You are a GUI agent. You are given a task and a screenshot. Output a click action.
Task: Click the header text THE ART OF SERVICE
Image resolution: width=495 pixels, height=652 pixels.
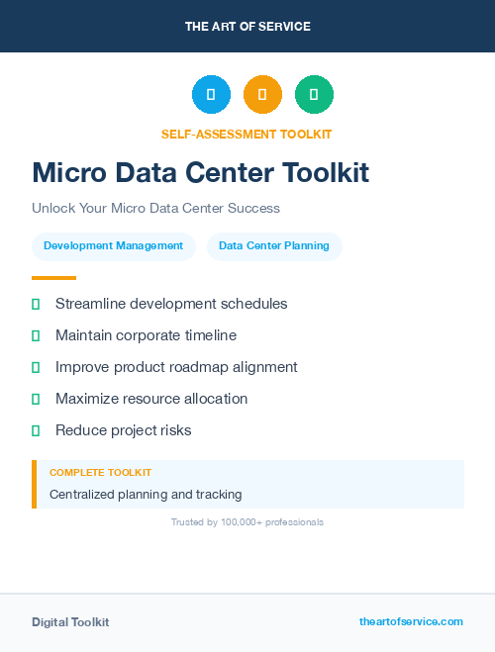(247, 27)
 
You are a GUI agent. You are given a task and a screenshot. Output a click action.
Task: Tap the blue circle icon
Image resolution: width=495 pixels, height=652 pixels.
(211, 95)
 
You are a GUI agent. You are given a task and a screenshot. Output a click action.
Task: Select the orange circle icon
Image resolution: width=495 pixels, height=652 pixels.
(262, 95)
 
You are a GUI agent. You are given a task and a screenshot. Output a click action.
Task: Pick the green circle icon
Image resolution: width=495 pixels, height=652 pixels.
(314, 95)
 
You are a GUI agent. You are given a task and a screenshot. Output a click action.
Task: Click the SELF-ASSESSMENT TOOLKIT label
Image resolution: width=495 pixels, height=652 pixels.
(247, 134)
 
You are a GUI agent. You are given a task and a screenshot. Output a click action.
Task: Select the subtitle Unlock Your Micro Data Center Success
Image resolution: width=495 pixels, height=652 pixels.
(155, 209)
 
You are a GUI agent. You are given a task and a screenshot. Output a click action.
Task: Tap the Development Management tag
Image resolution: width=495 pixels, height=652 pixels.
(113, 246)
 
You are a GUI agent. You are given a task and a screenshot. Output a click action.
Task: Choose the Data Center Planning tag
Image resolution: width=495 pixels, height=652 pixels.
(274, 246)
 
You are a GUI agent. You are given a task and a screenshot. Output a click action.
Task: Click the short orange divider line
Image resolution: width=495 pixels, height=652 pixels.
(53, 278)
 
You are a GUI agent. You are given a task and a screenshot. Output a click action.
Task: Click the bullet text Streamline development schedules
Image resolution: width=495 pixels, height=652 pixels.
(171, 304)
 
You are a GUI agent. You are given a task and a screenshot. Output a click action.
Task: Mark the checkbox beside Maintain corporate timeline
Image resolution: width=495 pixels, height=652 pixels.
(36, 335)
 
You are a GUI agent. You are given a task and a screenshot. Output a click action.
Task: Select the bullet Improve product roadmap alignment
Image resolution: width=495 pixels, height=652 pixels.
(176, 367)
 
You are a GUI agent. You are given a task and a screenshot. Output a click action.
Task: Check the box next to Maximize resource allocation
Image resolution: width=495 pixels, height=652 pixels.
(36, 399)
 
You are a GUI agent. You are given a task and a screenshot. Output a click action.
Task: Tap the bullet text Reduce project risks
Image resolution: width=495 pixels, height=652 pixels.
(123, 430)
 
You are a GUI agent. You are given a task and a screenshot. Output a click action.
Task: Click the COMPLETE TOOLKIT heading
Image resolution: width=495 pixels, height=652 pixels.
(100, 473)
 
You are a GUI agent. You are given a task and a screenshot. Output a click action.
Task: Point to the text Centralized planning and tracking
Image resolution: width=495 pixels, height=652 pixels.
(146, 494)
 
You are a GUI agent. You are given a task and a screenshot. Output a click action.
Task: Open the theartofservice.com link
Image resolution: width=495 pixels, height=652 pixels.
(411, 621)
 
